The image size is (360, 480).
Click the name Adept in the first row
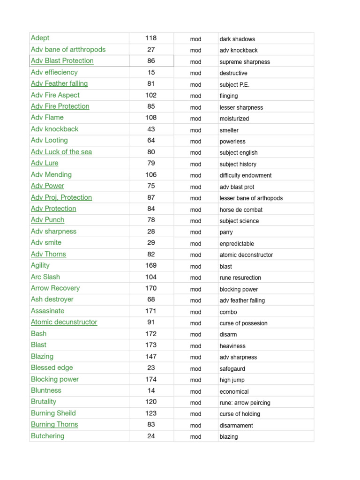pyautogui.click(x=40, y=38)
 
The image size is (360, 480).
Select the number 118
pyautogui.click(x=151, y=38)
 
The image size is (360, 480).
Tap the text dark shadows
pyautogui.click(x=237, y=39)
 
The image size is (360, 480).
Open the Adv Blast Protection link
pyautogui.click(x=62, y=61)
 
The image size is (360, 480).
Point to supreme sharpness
pyautogui.click(x=245, y=62)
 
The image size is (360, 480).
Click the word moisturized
pyautogui.click(x=234, y=119)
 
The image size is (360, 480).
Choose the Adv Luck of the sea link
pyautogui.click(x=61, y=152)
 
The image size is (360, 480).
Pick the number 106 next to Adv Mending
pyautogui.click(x=151, y=174)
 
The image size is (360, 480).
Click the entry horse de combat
pyautogui.click(x=241, y=210)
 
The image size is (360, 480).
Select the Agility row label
pyautogui.click(x=40, y=265)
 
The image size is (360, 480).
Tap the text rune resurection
pyautogui.click(x=240, y=277)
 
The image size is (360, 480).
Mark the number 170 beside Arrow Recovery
pyautogui.click(x=151, y=288)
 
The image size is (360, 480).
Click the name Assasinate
pyautogui.click(x=47, y=311)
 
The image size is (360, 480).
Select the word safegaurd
pyautogui.click(x=232, y=368)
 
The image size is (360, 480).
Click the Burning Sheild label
pyautogui.click(x=53, y=413)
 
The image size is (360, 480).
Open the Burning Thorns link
pyautogui.click(x=54, y=424)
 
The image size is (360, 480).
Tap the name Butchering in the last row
pyautogui.click(x=47, y=436)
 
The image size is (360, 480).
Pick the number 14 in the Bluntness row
pyautogui.click(x=151, y=390)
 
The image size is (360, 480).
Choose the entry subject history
pyautogui.click(x=238, y=164)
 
